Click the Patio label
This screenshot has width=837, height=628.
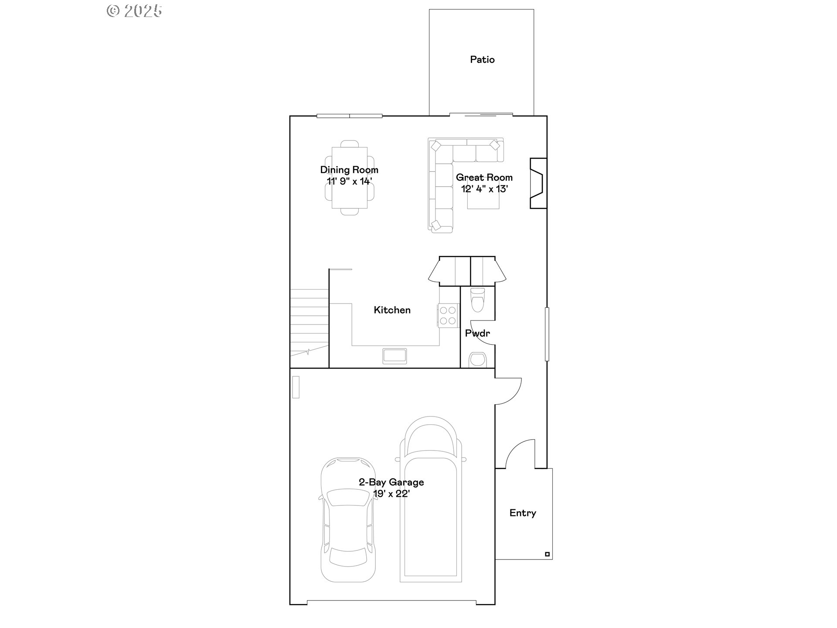point(482,59)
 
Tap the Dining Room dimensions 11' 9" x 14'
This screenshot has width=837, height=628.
point(349,181)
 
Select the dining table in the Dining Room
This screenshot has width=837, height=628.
point(349,177)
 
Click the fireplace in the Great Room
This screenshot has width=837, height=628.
point(538,183)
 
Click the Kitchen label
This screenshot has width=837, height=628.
point(392,310)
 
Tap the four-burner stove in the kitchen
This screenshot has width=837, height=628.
point(448,315)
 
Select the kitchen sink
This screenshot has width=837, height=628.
point(395,356)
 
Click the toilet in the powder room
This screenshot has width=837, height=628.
point(478,300)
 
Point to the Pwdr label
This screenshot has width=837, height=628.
point(477,333)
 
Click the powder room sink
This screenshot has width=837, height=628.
point(477,360)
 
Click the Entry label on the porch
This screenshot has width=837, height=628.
point(523,513)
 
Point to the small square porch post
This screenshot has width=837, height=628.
point(548,554)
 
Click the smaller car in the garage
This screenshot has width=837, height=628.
point(348,519)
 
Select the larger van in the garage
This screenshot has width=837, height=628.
point(431,499)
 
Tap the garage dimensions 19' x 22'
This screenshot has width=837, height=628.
point(391,494)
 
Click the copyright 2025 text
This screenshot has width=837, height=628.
point(134,11)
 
